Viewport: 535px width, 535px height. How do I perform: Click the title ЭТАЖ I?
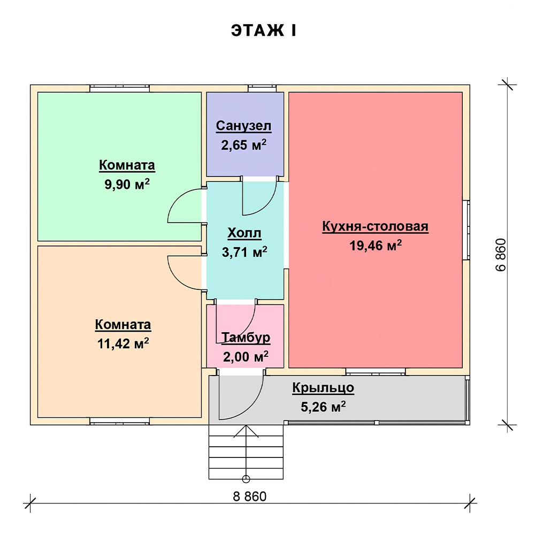(x=264, y=30)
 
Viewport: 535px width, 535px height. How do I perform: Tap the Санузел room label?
(x=244, y=126)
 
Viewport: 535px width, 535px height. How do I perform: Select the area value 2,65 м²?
(x=244, y=144)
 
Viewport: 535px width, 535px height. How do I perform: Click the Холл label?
(x=244, y=233)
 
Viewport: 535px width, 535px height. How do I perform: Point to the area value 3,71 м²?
(x=244, y=251)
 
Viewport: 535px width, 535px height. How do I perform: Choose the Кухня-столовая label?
(x=375, y=227)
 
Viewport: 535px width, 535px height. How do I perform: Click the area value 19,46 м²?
(x=375, y=246)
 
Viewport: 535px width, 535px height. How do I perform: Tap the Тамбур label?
(x=246, y=338)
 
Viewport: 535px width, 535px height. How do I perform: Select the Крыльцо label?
(x=323, y=388)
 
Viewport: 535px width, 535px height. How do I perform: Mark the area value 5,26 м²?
(x=323, y=407)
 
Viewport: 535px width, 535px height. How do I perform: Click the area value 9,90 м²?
(x=127, y=185)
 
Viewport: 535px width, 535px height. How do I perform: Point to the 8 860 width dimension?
(x=249, y=496)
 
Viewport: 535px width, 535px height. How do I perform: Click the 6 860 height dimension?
(x=501, y=255)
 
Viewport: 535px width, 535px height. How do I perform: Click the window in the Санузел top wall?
(x=262, y=88)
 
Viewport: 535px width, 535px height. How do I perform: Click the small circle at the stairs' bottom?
(x=246, y=478)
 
